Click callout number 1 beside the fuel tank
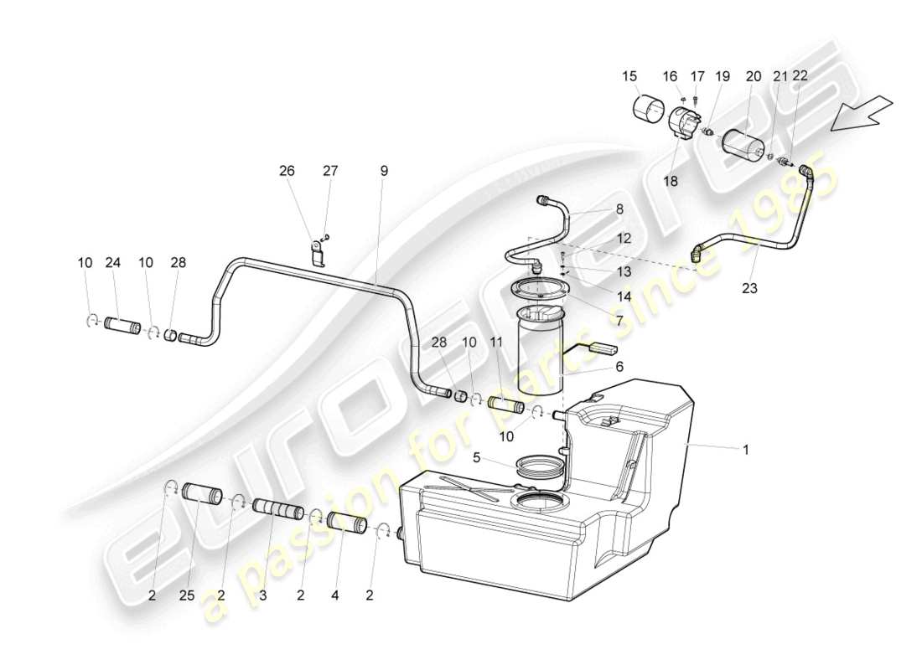745,450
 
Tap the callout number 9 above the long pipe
384,171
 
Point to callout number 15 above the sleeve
629,76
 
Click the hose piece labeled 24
126,326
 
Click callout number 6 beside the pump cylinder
619,367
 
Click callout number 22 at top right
800,76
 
